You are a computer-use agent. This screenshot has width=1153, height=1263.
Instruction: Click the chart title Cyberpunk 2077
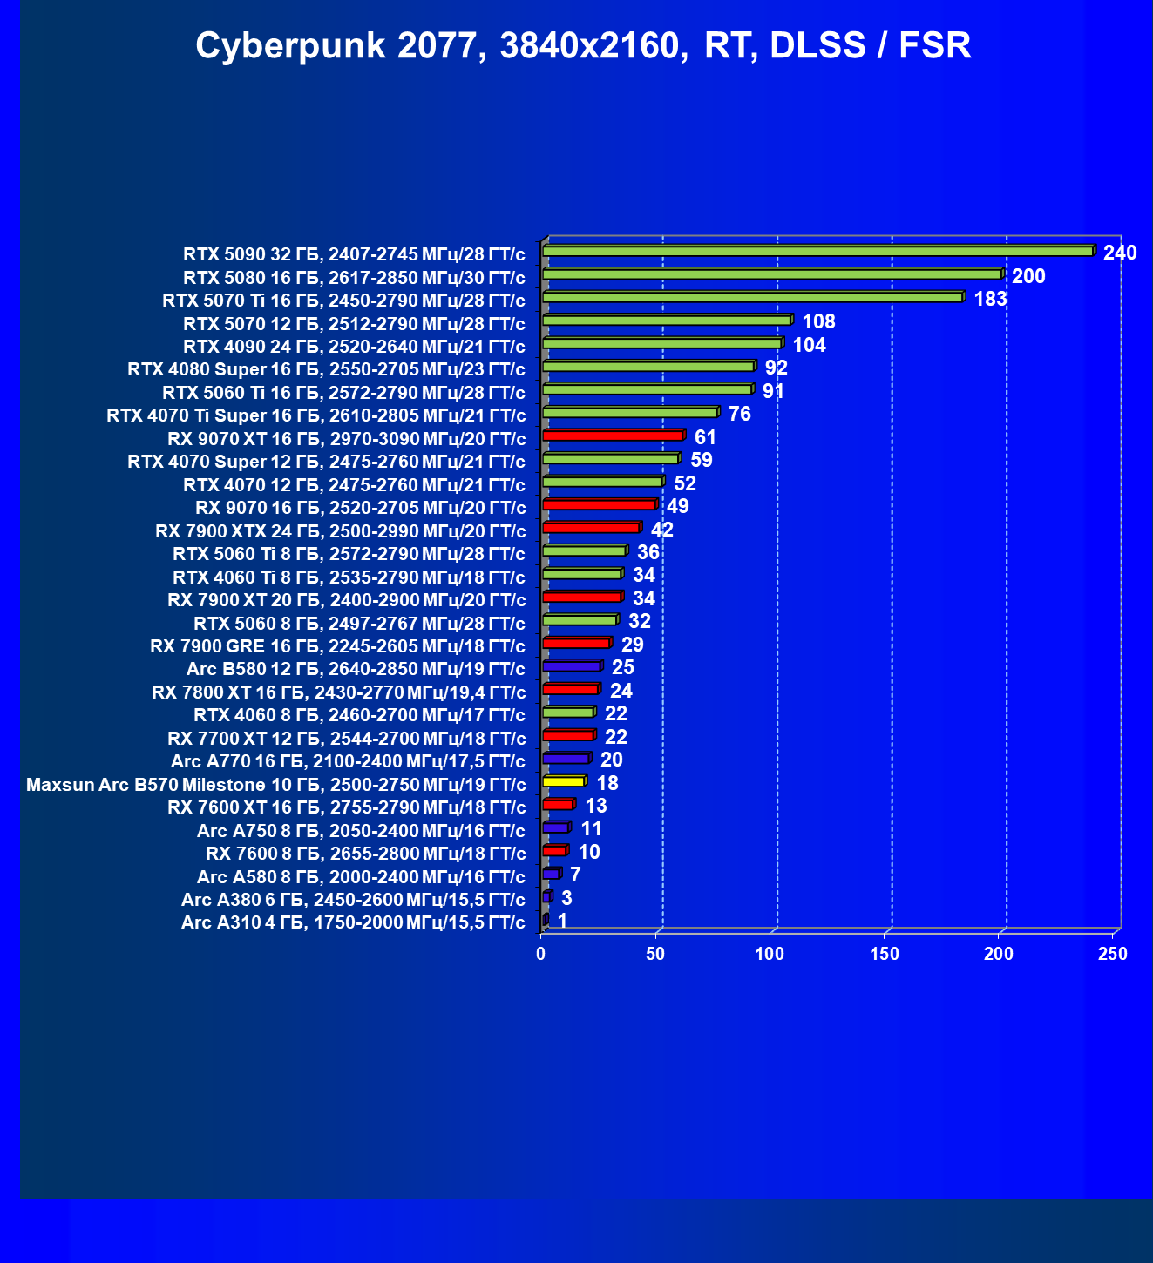(582, 45)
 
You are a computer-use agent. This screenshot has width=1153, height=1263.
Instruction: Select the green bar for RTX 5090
(817, 252)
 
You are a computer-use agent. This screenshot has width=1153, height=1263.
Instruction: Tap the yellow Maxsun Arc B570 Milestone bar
(563, 782)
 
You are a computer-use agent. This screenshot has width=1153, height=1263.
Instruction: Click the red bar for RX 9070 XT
(612, 436)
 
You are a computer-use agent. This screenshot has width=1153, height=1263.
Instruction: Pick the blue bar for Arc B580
(572, 666)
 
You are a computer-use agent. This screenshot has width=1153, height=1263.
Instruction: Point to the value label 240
(1120, 253)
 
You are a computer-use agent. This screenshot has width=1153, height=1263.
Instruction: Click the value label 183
(990, 299)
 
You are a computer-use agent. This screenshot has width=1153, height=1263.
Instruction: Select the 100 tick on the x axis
(770, 954)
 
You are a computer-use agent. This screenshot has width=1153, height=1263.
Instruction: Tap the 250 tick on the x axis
(1113, 954)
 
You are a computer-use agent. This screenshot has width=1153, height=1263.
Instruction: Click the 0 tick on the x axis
(541, 954)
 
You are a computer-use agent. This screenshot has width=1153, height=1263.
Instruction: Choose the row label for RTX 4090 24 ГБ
(354, 347)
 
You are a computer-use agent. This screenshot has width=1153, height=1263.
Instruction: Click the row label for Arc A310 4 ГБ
(353, 922)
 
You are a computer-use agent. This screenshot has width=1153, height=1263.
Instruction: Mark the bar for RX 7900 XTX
(591, 528)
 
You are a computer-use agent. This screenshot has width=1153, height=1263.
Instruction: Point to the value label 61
(705, 437)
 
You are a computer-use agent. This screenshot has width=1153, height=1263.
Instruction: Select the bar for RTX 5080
(772, 274)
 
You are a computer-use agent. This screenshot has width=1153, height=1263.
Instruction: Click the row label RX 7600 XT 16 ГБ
(346, 807)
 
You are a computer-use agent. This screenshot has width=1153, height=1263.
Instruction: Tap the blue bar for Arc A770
(566, 759)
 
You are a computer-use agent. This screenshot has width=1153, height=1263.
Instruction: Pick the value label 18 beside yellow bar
(607, 783)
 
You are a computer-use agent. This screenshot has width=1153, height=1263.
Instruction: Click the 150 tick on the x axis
(885, 954)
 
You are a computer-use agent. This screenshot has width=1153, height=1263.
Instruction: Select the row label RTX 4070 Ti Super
(315, 415)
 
